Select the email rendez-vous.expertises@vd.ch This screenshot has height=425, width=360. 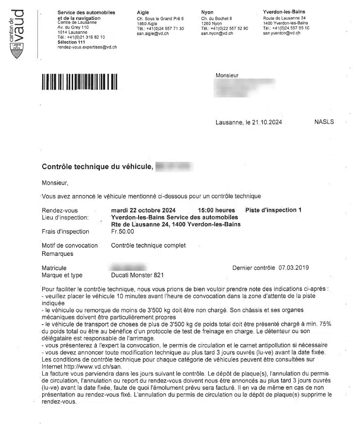87,47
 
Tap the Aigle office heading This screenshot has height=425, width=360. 143,12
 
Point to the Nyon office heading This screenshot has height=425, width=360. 207,12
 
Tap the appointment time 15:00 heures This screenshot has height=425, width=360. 217,210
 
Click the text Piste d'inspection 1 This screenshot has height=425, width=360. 273,210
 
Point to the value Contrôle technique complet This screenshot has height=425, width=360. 148,246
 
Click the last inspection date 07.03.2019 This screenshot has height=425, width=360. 295,268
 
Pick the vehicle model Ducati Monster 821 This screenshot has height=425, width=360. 138,275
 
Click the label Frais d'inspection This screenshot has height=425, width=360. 65,232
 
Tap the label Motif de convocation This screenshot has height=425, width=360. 70,246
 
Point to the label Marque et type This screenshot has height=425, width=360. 62,275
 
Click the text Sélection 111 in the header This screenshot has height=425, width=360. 71,42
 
